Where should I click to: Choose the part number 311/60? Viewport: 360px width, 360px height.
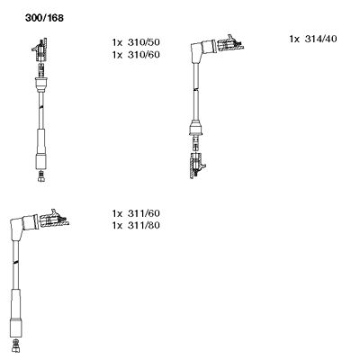pyautogui.click(x=143, y=213)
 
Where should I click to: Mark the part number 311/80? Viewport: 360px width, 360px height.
pyautogui.click(x=143, y=226)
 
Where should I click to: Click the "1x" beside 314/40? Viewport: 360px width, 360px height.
pyautogui.click(x=295, y=39)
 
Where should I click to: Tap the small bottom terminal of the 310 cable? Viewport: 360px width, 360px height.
pyautogui.click(x=41, y=177)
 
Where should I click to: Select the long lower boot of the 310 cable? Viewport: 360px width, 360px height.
pyautogui.click(x=40, y=148)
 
